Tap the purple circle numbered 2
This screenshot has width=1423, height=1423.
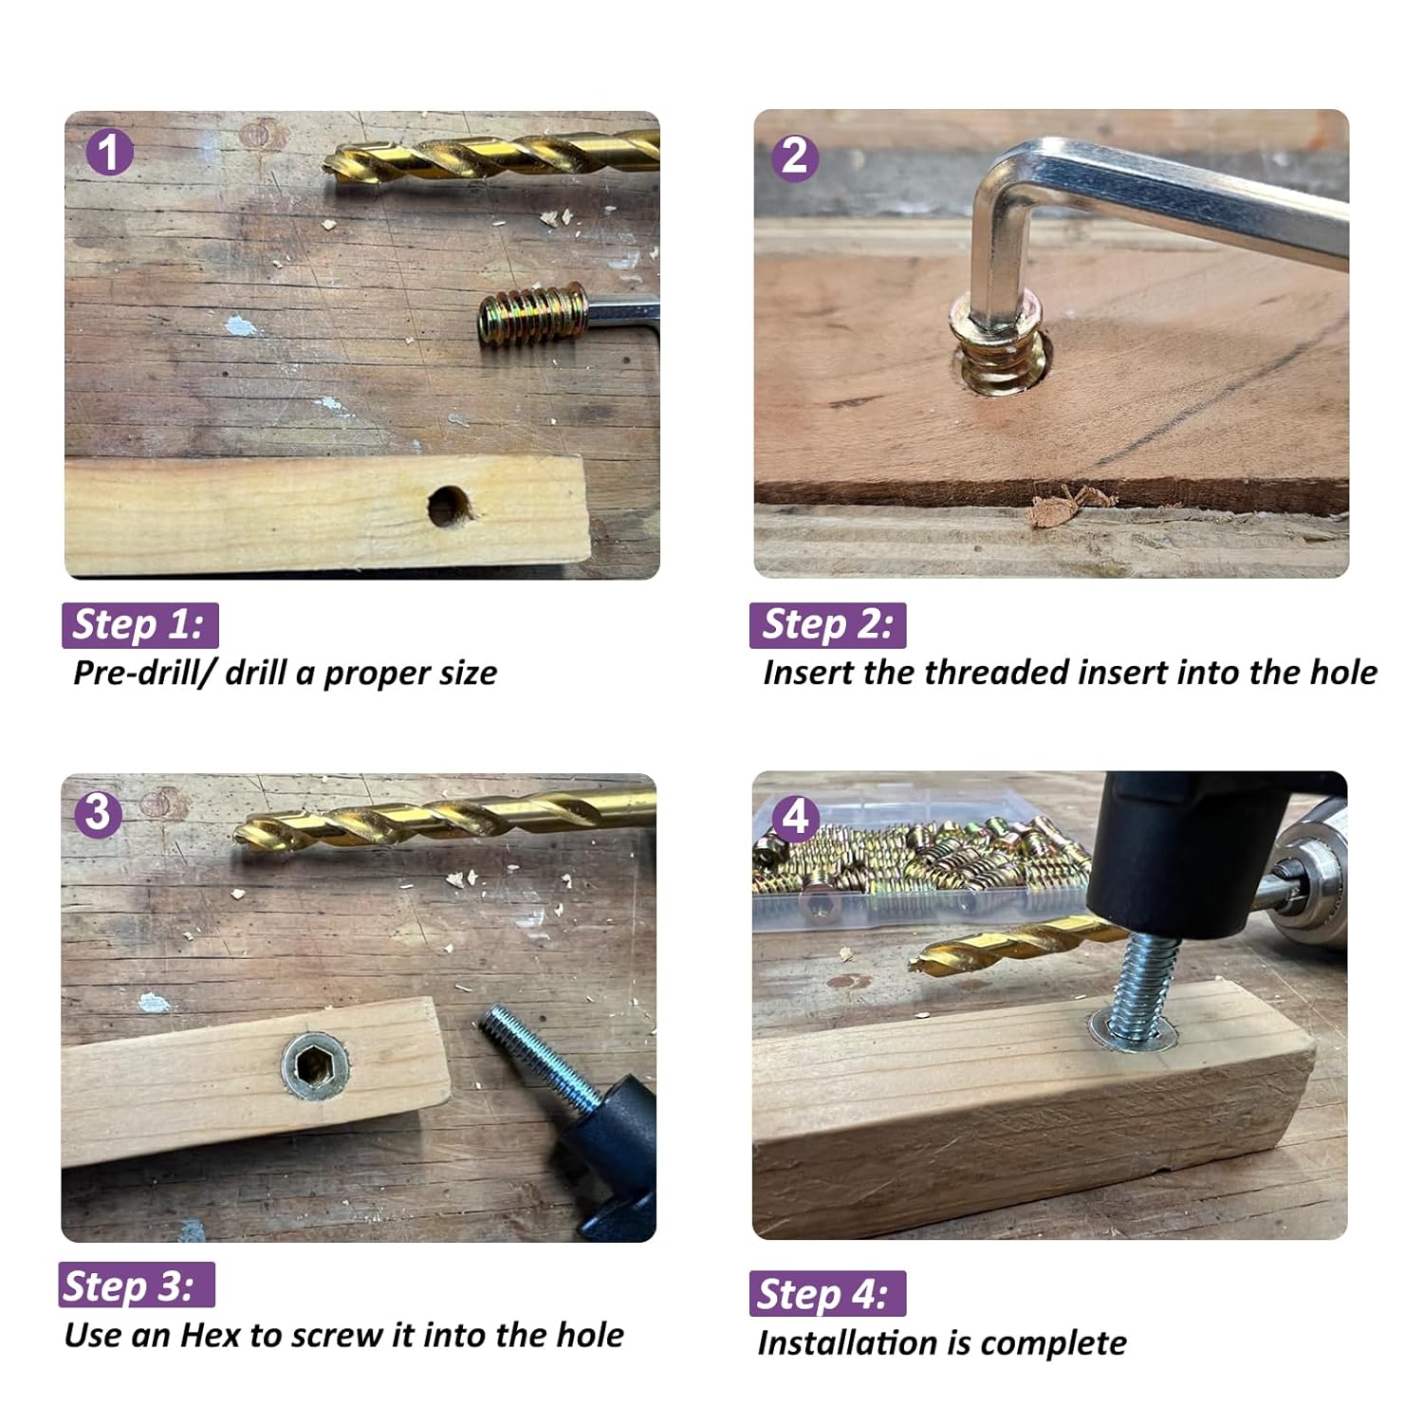[795, 156]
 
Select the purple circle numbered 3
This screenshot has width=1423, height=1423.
[99, 814]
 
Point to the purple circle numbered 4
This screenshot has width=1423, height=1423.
[795, 817]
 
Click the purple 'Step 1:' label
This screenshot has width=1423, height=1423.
[139, 625]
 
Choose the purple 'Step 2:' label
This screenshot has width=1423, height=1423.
[827, 625]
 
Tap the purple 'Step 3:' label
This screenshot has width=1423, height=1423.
[137, 1285]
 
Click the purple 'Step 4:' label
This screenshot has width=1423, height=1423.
[827, 1294]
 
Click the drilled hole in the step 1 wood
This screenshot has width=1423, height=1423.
[450, 507]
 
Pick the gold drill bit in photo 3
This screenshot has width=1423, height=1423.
[446, 819]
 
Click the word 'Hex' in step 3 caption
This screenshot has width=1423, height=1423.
[211, 1336]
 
